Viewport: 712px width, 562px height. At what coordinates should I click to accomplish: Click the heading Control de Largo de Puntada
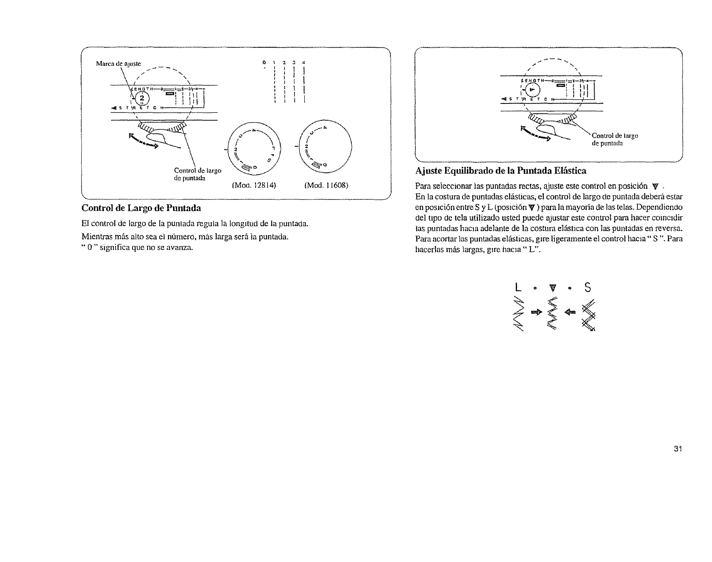(x=141, y=208)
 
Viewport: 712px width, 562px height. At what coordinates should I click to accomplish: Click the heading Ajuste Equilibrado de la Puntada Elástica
(x=500, y=171)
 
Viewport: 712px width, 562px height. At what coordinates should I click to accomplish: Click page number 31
(x=678, y=449)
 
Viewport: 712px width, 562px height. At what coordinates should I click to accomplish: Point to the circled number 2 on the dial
(x=141, y=99)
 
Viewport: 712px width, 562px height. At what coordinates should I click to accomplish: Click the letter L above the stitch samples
(x=518, y=288)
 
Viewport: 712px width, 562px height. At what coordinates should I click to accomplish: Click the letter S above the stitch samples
(x=588, y=288)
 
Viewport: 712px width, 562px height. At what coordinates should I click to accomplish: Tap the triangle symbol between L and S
(x=552, y=289)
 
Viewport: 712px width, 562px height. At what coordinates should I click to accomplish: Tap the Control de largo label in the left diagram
(x=198, y=173)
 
